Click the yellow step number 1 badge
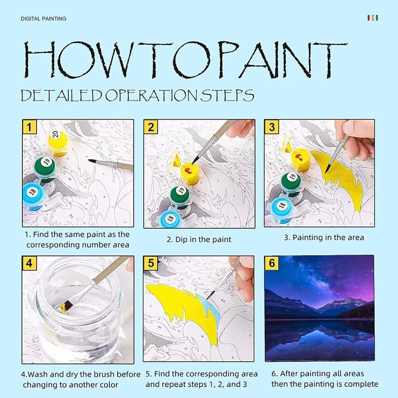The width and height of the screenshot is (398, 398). [x=29, y=127]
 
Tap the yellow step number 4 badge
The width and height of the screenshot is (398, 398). [x=29, y=263]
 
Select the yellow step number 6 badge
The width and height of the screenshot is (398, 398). [x=272, y=263]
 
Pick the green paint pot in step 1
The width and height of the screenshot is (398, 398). [x=45, y=168]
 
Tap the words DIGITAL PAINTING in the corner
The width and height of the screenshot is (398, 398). [x=43, y=19]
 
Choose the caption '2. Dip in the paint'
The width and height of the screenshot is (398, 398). [x=199, y=240]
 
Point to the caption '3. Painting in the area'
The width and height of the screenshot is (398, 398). [x=324, y=238]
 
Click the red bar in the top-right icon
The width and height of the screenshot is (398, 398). [x=369, y=18]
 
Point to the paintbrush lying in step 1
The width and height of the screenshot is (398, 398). [x=111, y=164]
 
